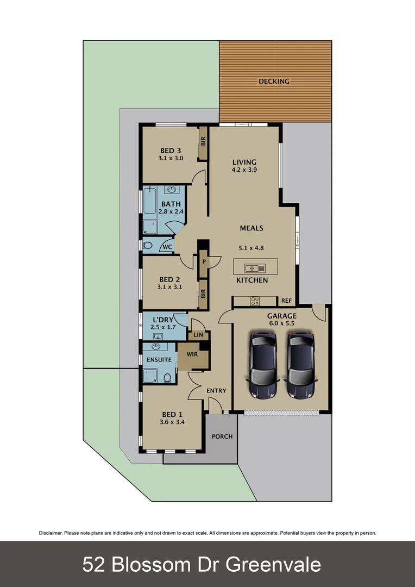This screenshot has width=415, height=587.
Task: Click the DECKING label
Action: click(274, 82)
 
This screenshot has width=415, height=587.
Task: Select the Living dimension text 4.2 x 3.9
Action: click(244, 170)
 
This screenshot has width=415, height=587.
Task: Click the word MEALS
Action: click(251, 228)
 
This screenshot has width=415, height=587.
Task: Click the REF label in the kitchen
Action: click(286, 301)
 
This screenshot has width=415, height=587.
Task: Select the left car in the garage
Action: click(263, 365)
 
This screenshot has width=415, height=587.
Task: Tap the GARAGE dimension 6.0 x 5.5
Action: click(281, 323)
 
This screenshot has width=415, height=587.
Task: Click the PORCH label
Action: click(222, 436)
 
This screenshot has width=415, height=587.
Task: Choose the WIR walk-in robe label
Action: click(192, 354)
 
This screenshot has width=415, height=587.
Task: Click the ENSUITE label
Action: click(159, 360)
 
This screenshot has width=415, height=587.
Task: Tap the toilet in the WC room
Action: click(148, 246)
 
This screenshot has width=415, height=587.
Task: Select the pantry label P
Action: click(204, 261)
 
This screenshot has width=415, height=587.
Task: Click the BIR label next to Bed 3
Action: click(203, 142)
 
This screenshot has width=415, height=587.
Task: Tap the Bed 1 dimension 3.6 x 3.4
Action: click(173, 422)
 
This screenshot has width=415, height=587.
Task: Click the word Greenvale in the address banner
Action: click(273, 565)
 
